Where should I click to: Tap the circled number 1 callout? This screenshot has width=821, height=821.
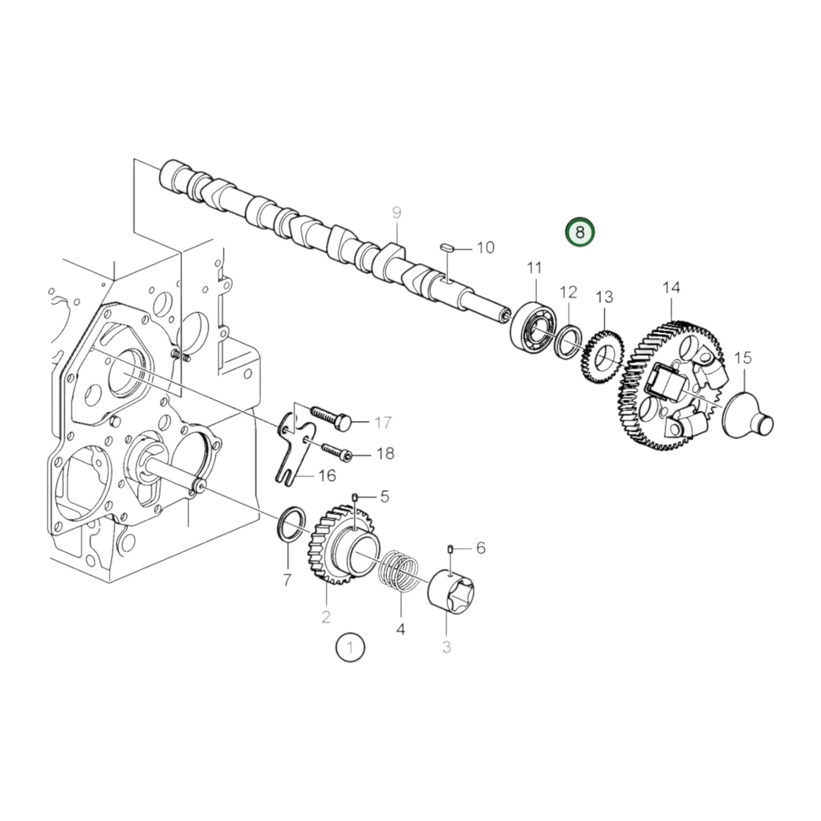(x=350, y=647)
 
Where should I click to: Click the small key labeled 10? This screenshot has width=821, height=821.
(x=447, y=248)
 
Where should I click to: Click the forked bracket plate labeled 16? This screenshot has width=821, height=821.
(x=293, y=449)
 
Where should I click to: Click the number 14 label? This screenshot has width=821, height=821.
(x=671, y=288)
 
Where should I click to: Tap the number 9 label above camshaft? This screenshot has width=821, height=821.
(x=397, y=213)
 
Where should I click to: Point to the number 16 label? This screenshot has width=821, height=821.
(x=327, y=475)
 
